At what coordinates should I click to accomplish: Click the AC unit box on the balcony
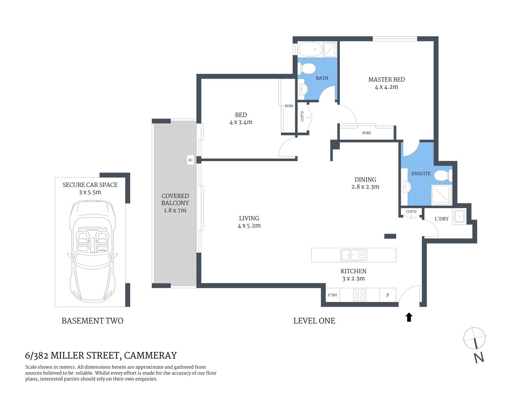coord(190,160)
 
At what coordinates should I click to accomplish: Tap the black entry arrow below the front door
coord(409,317)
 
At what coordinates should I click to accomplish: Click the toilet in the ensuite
coord(443,175)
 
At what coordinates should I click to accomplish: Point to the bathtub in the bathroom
coord(310,50)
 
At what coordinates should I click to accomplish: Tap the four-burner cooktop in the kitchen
coord(360,295)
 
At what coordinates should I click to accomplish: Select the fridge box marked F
coord(388,295)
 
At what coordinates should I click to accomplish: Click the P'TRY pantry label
coord(333,295)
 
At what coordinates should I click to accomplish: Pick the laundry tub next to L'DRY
coord(459,217)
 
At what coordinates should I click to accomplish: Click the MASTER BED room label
coord(386,80)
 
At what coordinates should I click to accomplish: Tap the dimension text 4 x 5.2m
coord(249,226)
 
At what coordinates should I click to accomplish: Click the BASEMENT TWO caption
coord(93,321)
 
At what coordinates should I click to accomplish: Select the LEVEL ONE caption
coord(314,321)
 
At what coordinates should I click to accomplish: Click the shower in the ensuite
coord(441,195)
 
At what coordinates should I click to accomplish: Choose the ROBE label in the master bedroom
coord(366,133)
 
